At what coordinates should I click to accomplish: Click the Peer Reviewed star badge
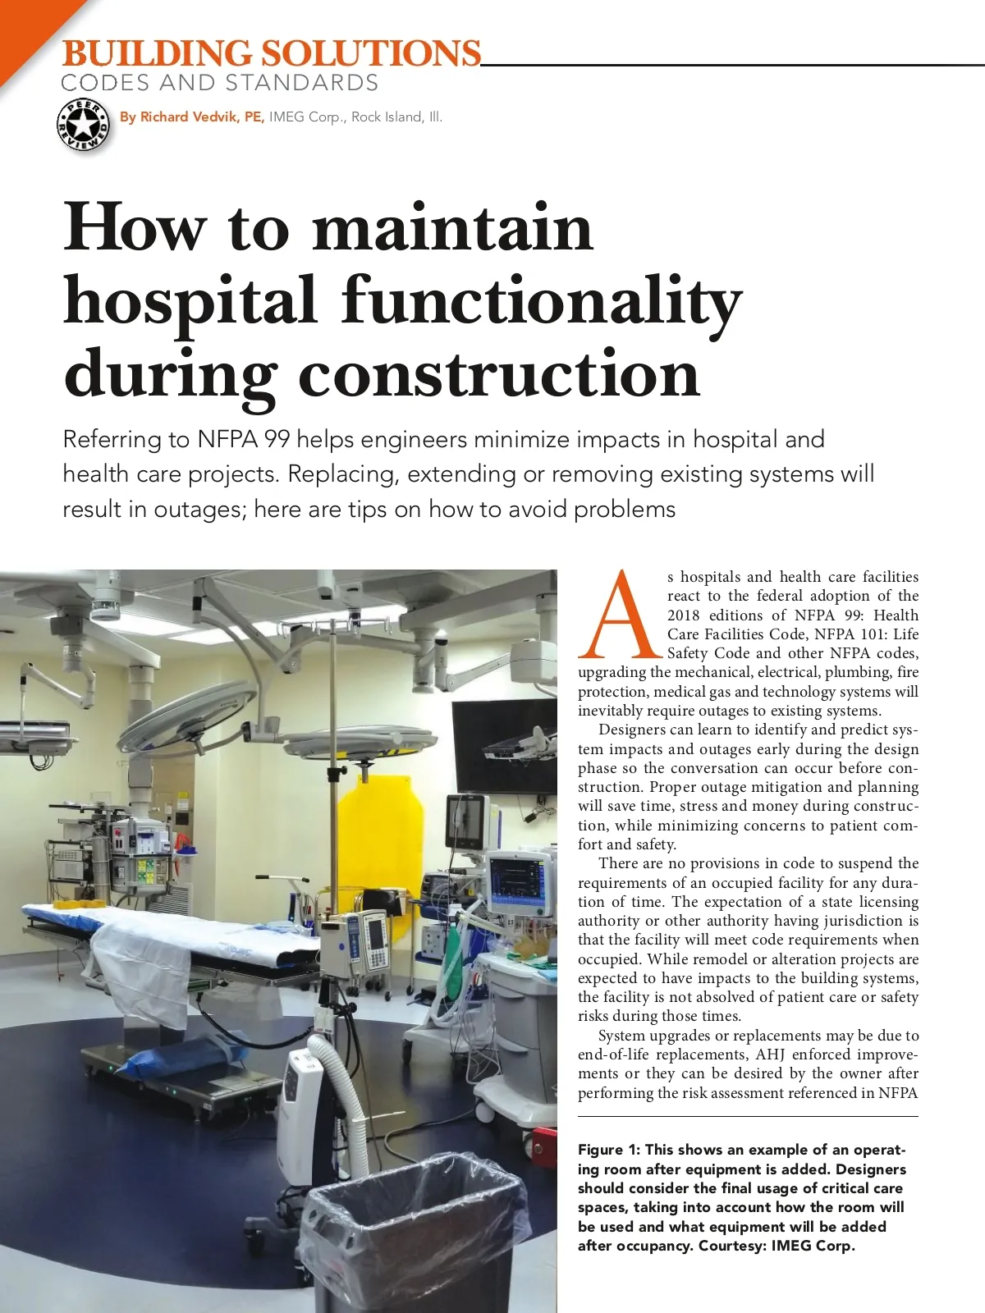pos(83,126)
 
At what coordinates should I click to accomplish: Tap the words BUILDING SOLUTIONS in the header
pos(271,53)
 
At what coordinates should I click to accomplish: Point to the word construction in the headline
pos(499,373)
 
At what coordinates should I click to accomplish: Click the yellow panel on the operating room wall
pos(378,829)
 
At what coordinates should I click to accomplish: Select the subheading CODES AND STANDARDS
pos(220,83)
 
